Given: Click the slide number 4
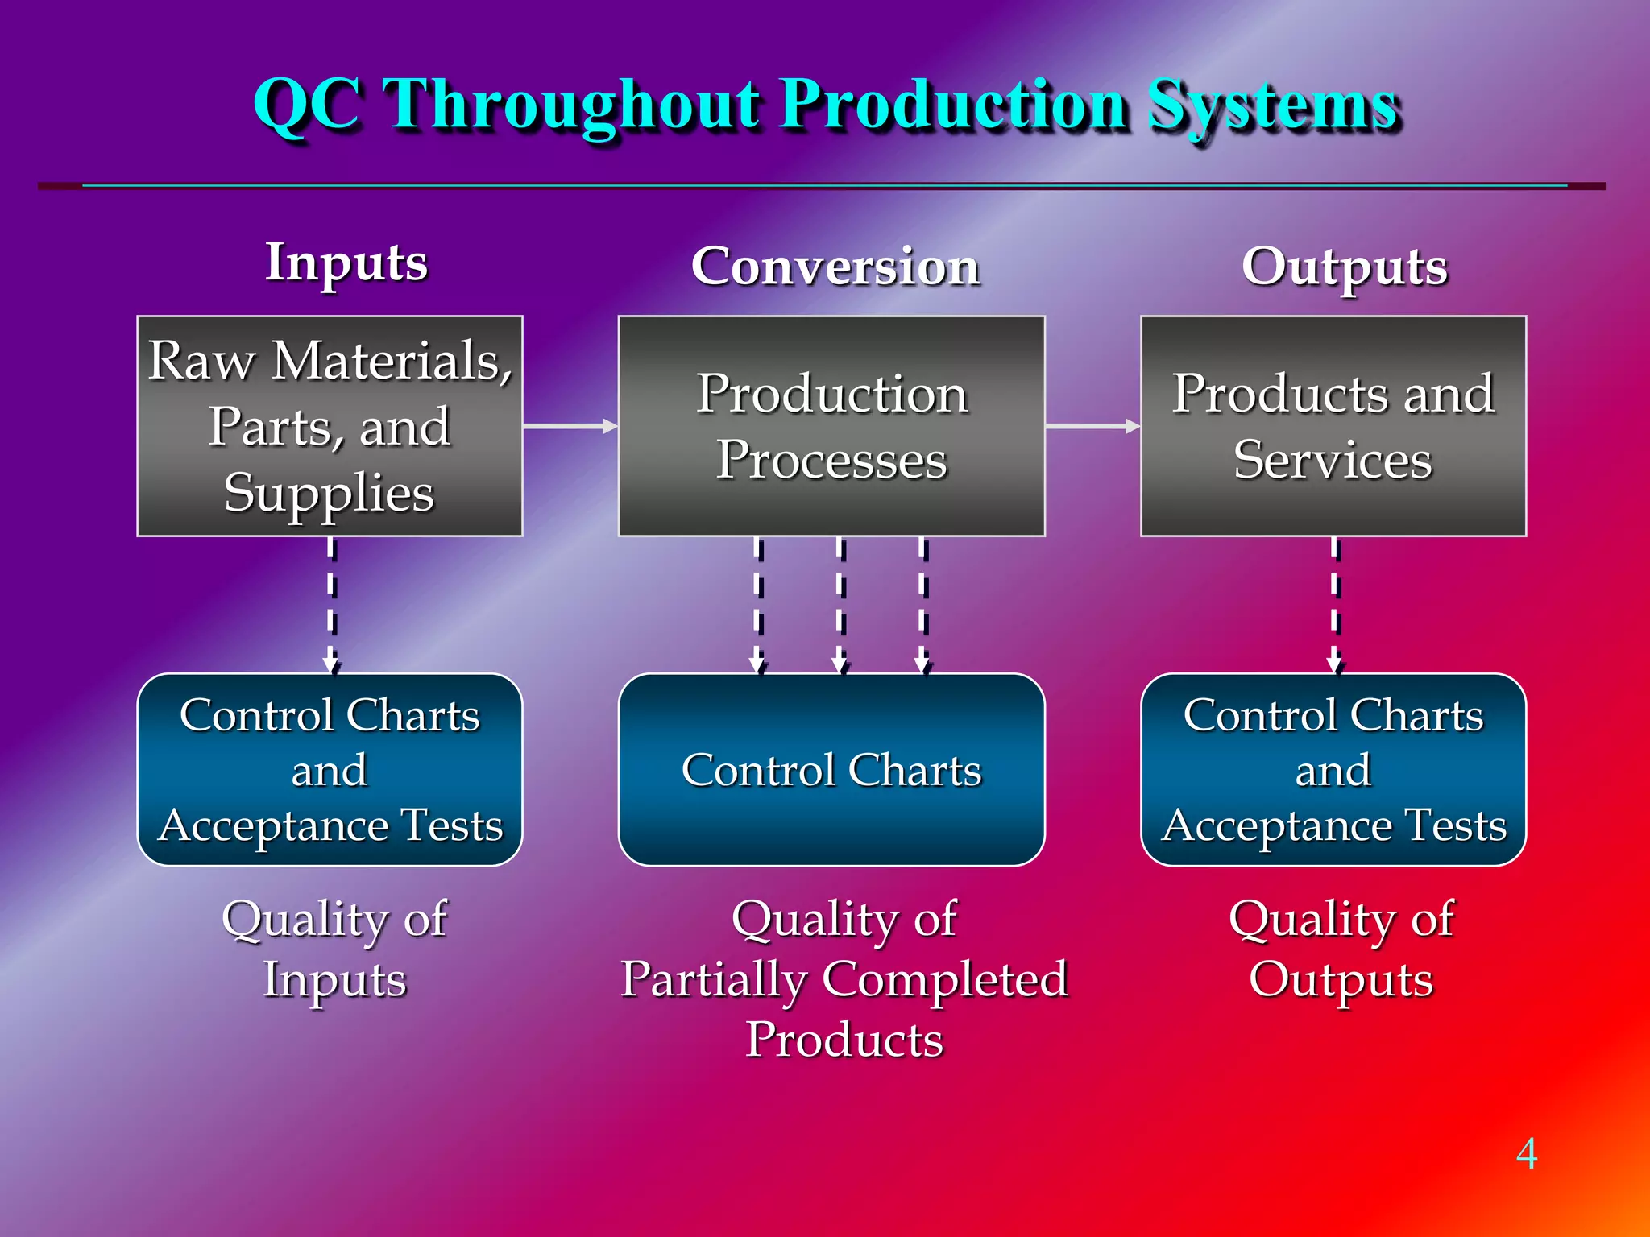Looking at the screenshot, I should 1526,1153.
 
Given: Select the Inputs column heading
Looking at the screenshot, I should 346,263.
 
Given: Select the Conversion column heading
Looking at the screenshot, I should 835,266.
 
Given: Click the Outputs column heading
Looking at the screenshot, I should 1344,267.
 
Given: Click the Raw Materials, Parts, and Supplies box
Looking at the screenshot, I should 330,425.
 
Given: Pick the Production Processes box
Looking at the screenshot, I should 831,425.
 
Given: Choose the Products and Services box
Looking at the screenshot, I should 1333,425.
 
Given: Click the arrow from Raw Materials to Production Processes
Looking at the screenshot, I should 570,425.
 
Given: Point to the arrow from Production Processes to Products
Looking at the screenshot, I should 1092,425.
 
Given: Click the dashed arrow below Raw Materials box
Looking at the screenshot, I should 331,604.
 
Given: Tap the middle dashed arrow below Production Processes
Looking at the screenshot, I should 840,604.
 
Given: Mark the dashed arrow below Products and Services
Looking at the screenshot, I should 1335,604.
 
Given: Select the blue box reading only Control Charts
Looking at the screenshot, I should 831,770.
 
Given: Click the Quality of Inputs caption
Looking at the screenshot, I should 334,949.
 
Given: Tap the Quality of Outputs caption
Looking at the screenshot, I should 1341,949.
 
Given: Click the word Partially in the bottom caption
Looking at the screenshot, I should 714,979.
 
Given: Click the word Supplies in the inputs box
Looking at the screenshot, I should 329,492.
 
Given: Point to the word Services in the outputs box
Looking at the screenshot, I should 1333,460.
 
